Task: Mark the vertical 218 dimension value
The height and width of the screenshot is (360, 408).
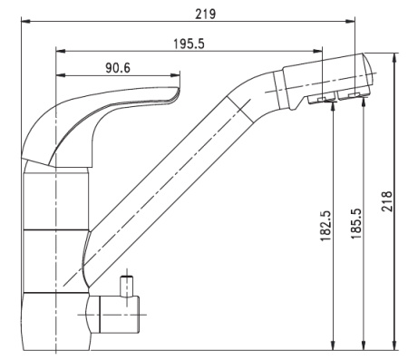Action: point(387,200)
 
